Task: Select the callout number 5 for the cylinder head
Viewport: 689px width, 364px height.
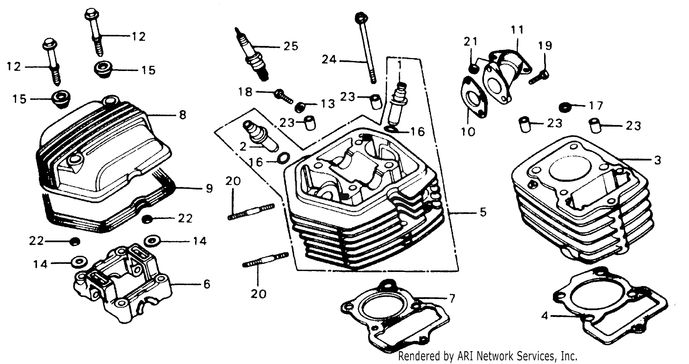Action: coord(483,212)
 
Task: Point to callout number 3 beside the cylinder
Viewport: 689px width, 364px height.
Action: coord(657,160)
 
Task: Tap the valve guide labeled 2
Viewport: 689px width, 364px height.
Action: coord(261,137)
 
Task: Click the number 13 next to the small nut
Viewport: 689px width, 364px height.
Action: coord(328,104)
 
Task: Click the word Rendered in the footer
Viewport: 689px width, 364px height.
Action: coord(419,356)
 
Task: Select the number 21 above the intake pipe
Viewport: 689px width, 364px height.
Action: coord(470,42)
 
